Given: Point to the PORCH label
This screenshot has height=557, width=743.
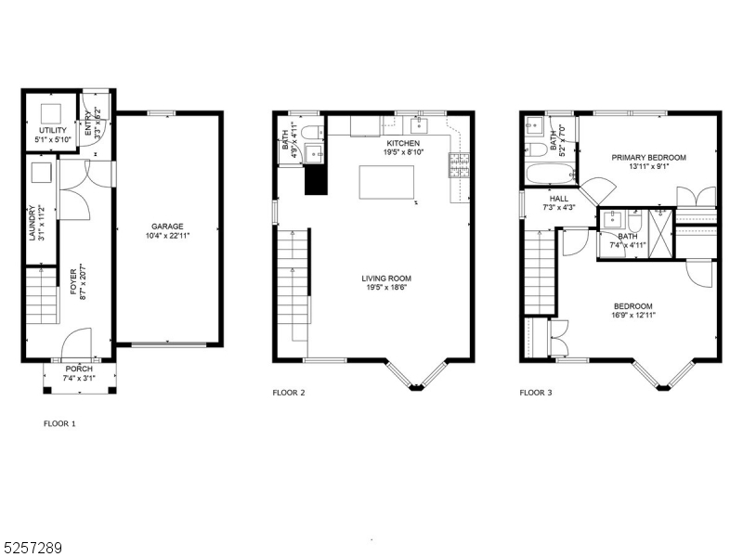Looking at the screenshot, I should [78, 369].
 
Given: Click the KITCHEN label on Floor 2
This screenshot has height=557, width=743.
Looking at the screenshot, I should [403, 144].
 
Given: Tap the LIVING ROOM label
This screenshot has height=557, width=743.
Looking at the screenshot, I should [386, 278].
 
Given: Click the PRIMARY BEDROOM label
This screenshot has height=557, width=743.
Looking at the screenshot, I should [648, 158].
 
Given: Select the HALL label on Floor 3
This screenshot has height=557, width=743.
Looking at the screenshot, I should [558, 198].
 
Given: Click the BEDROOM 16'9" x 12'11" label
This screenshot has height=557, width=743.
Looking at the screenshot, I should [632, 306].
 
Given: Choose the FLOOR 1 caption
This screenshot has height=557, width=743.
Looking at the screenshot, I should [59, 423].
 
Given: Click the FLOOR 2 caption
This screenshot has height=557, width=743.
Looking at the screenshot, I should [289, 393].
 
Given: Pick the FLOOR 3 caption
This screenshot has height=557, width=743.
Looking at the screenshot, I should [536, 393].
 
